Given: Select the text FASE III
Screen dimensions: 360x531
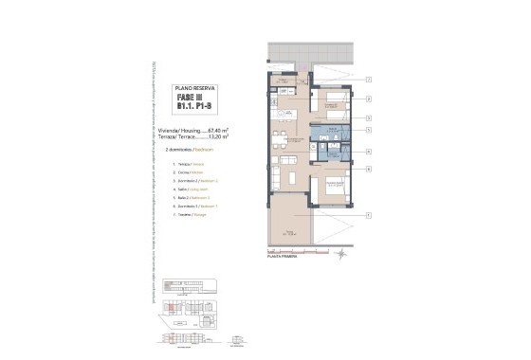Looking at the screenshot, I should click(190, 98).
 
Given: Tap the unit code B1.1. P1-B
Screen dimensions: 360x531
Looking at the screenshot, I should click(194, 107).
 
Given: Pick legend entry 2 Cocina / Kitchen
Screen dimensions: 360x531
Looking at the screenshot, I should click(189, 173).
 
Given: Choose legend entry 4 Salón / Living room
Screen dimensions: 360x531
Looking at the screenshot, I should click(191, 189).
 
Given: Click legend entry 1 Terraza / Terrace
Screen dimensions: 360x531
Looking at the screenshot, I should click(189, 165).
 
